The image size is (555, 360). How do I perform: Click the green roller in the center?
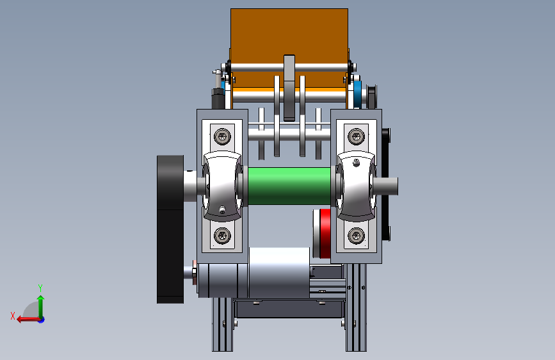(289, 186)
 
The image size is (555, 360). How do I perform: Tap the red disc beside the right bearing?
(325, 234)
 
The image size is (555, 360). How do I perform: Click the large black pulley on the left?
(170, 229)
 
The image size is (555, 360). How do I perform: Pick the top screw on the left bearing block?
(222, 136)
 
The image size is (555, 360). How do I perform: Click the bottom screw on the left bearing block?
(222, 236)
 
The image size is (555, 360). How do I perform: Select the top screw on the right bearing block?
(356, 136)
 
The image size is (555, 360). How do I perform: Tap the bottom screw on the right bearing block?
(356, 236)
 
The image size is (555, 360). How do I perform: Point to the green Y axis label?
(40, 288)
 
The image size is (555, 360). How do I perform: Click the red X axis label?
(13, 316)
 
